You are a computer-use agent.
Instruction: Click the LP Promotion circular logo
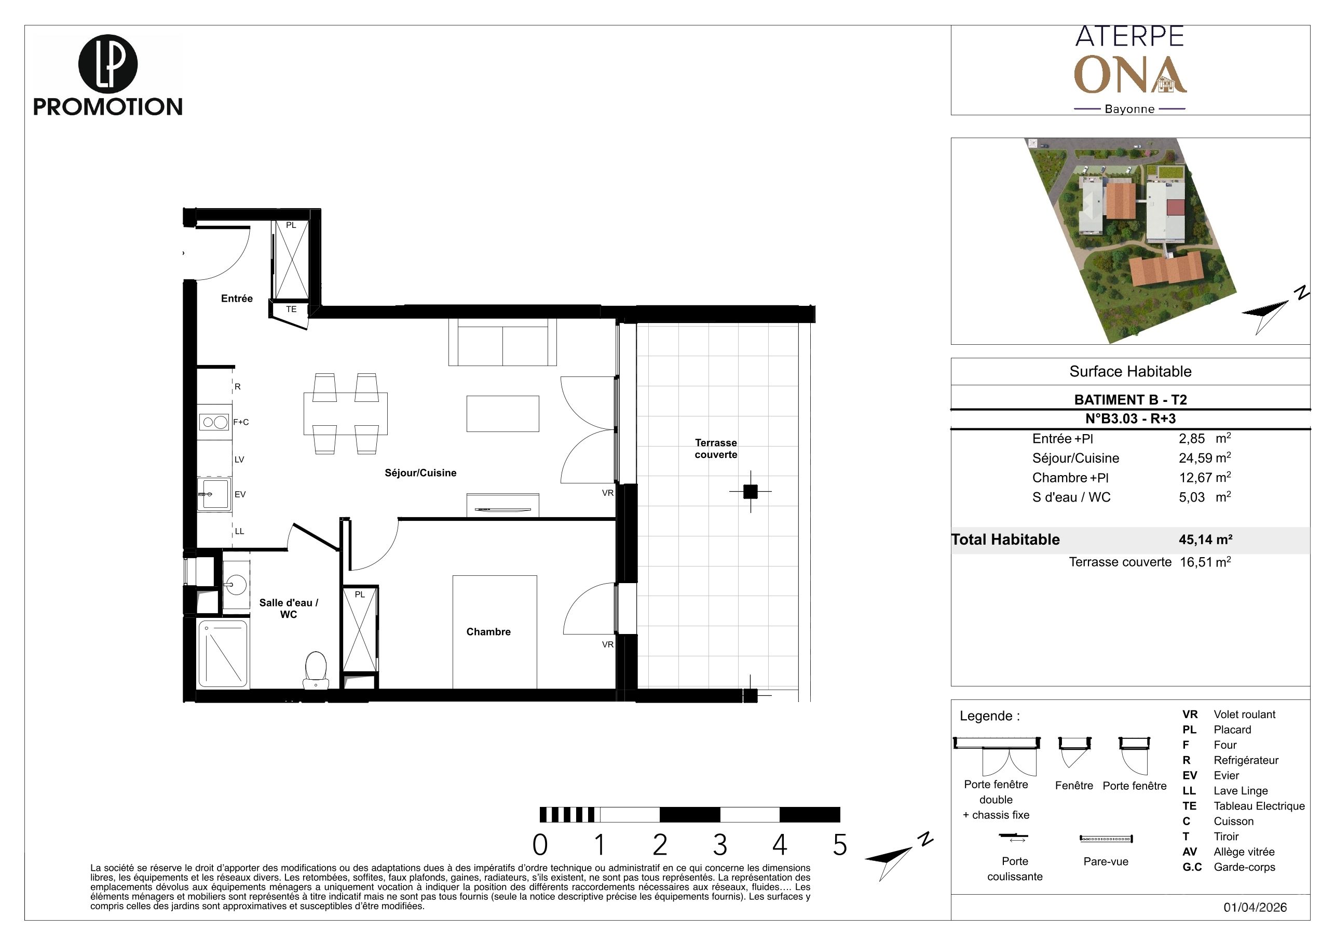107,64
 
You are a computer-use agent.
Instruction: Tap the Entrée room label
237,299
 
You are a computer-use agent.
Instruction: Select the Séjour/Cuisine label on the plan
420,473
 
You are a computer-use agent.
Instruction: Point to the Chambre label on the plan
488,631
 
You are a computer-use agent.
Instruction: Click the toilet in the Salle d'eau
315,669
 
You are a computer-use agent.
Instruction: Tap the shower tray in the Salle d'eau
223,654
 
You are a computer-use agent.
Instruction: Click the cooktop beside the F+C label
214,422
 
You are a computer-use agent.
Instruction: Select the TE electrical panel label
291,309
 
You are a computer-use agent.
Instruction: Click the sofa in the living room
502,342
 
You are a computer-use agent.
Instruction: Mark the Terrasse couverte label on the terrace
716,449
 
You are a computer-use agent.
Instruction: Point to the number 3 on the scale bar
720,845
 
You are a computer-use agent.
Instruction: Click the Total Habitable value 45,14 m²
1205,539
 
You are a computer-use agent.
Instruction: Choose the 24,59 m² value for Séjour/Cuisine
1205,458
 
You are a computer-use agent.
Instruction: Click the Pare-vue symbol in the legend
1106,839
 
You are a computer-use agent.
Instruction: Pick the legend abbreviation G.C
1192,867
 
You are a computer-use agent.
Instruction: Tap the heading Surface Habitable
1130,372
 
